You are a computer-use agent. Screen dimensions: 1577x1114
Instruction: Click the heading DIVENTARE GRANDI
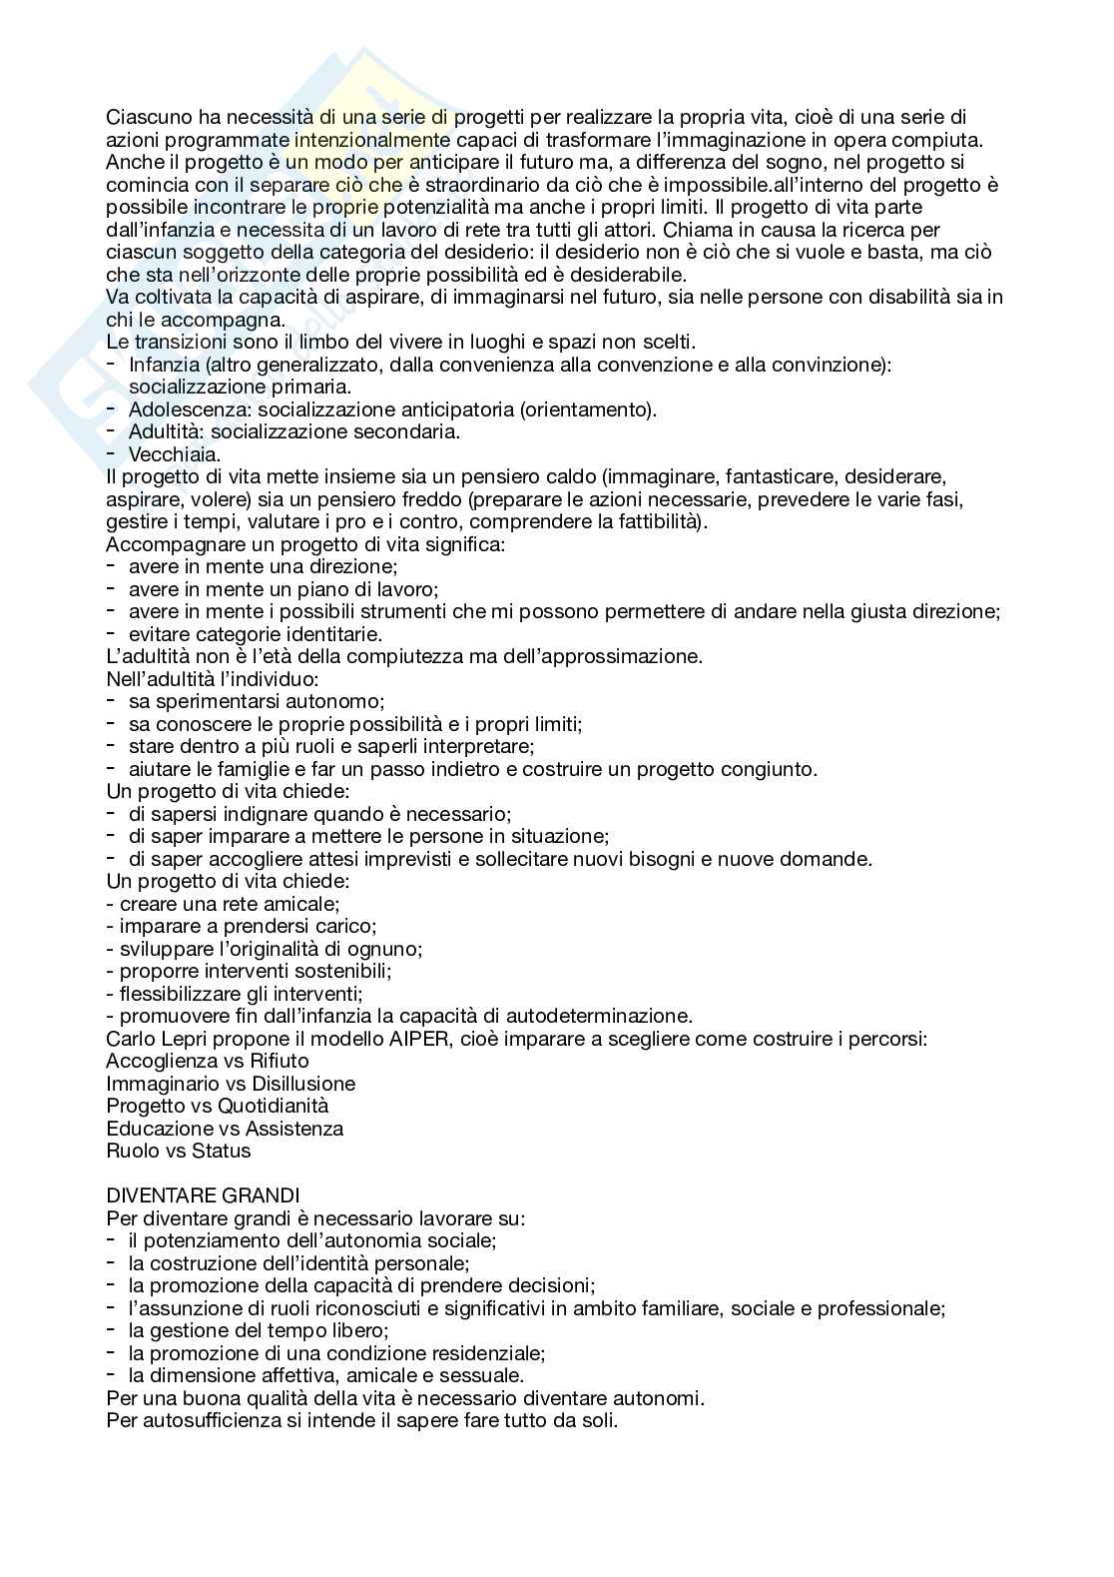click(203, 1195)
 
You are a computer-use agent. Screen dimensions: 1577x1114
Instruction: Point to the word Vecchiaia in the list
click(175, 454)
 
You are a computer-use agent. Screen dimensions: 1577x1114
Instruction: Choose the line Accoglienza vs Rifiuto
click(208, 1061)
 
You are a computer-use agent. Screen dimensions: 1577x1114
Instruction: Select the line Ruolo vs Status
click(179, 1151)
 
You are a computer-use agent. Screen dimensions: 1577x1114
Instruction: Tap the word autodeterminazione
click(587, 1016)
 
